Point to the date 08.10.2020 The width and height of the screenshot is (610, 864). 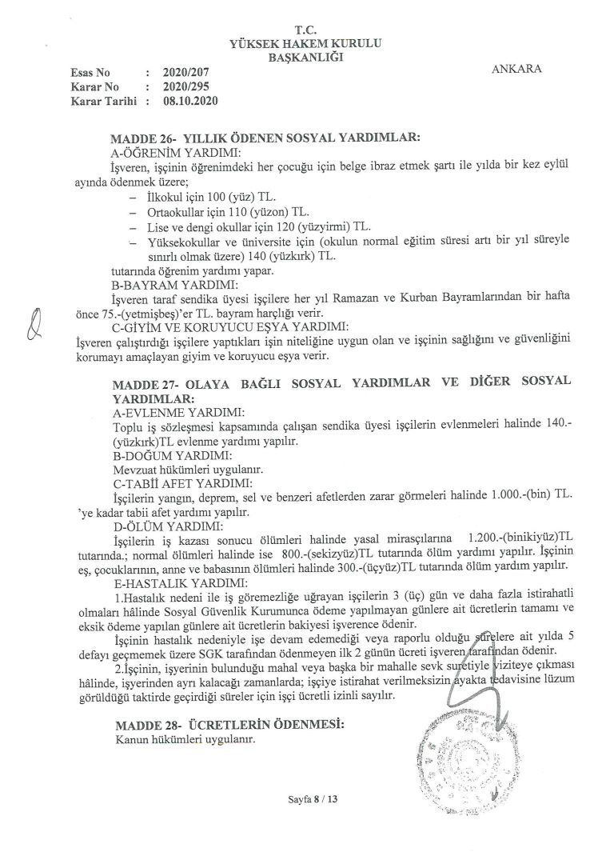189,102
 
